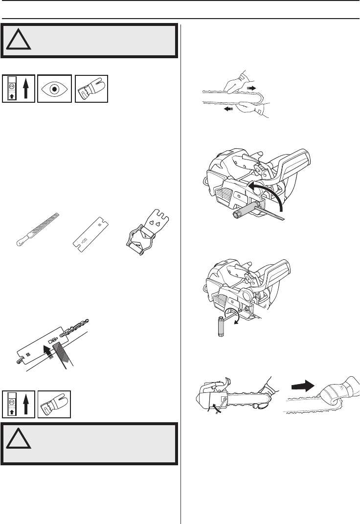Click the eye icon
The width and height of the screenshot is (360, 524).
click(55, 88)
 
